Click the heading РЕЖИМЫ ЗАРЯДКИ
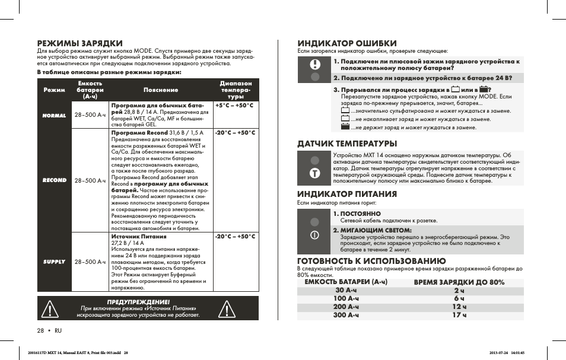point(80,43)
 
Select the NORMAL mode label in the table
point(54,116)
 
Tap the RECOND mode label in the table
point(54,180)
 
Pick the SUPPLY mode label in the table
point(54,262)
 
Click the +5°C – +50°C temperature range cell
point(234,106)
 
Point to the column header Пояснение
point(161,90)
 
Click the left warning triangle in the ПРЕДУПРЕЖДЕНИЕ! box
point(53,309)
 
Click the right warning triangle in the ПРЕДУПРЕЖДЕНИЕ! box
point(227,309)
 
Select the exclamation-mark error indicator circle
point(315,65)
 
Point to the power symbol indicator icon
point(315,234)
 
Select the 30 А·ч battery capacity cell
point(347,291)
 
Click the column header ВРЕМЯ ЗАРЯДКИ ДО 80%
point(459,282)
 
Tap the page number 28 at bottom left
point(41,330)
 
